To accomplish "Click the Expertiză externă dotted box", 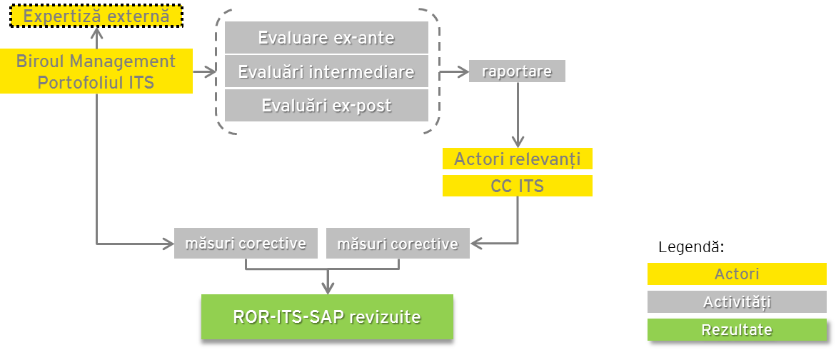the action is click(x=96, y=16).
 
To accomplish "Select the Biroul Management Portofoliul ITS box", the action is click(x=96, y=71).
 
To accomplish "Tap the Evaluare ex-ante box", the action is click(x=326, y=37).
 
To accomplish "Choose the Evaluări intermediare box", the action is click(x=326, y=71).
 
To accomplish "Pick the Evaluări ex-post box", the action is click(x=326, y=105).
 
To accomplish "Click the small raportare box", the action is click(x=517, y=71).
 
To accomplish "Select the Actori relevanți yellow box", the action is click(x=517, y=159).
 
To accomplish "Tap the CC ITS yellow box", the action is click(x=517, y=186).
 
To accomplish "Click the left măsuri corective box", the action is click(x=246, y=243).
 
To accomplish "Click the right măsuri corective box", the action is click(x=398, y=243).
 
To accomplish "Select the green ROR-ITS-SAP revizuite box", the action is click(x=328, y=317).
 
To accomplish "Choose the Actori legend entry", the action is click(x=737, y=274).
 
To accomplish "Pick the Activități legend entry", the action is click(x=737, y=301).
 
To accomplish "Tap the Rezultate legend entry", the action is click(x=737, y=329).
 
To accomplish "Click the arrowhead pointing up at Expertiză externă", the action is click(x=96, y=33).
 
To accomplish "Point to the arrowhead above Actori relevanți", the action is click(x=517, y=142).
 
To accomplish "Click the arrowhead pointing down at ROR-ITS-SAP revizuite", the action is click(x=328, y=289).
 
